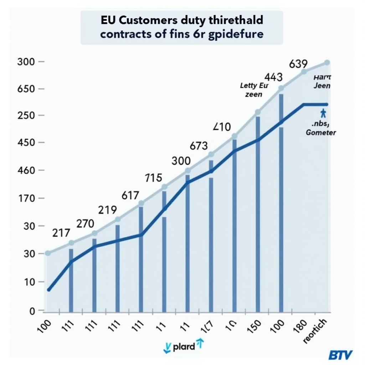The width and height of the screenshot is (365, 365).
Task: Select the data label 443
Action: click(x=273, y=77)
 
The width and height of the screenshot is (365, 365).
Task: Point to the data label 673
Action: click(x=198, y=146)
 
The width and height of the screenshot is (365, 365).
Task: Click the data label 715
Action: click(x=154, y=178)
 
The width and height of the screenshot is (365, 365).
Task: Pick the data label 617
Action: click(x=130, y=195)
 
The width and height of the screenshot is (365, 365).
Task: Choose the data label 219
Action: click(x=107, y=210)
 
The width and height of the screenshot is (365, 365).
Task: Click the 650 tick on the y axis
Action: click(x=25, y=89)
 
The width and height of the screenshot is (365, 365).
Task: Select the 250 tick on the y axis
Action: click(x=25, y=116)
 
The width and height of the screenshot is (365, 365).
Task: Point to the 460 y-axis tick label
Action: click(x=25, y=170)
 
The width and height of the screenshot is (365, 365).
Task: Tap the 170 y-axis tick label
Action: click(x=25, y=198)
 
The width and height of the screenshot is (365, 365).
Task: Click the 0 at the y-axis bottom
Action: click(x=31, y=311)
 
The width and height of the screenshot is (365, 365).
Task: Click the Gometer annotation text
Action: click(x=321, y=133)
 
